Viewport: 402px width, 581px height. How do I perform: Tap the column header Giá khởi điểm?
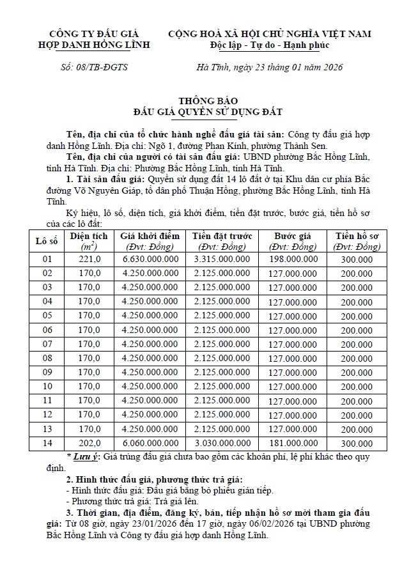point(150,236)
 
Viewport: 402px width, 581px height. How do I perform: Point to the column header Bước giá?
point(293,236)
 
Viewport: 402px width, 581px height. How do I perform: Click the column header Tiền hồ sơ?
point(357,236)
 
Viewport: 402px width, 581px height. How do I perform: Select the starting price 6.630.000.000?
point(150,259)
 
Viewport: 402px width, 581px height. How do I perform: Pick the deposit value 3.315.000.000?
point(222,259)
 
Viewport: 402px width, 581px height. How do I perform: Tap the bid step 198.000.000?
point(293,259)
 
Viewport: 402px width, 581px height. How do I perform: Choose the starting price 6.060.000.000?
point(150,443)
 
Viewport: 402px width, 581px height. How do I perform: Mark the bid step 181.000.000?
point(293,443)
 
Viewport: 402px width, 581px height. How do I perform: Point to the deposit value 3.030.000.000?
point(222,443)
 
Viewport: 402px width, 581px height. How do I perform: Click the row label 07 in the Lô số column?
point(47,344)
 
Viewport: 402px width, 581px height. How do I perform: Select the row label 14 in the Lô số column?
point(47,443)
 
